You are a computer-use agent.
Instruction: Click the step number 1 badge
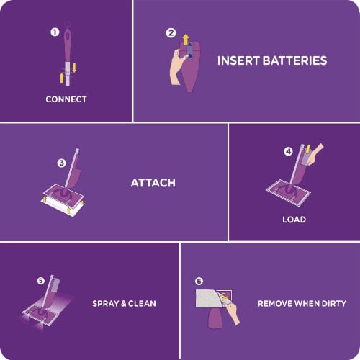[x=54, y=32]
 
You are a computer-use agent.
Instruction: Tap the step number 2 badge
[x=171, y=32]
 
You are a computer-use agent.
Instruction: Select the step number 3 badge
[x=61, y=163]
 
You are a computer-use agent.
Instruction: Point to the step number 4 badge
[x=289, y=152]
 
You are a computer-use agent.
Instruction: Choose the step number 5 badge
[x=40, y=280]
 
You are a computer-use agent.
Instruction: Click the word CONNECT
[x=66, y=99]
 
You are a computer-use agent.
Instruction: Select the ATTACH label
[x=153, y=183]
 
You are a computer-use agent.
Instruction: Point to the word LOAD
[x=294, y=219]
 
